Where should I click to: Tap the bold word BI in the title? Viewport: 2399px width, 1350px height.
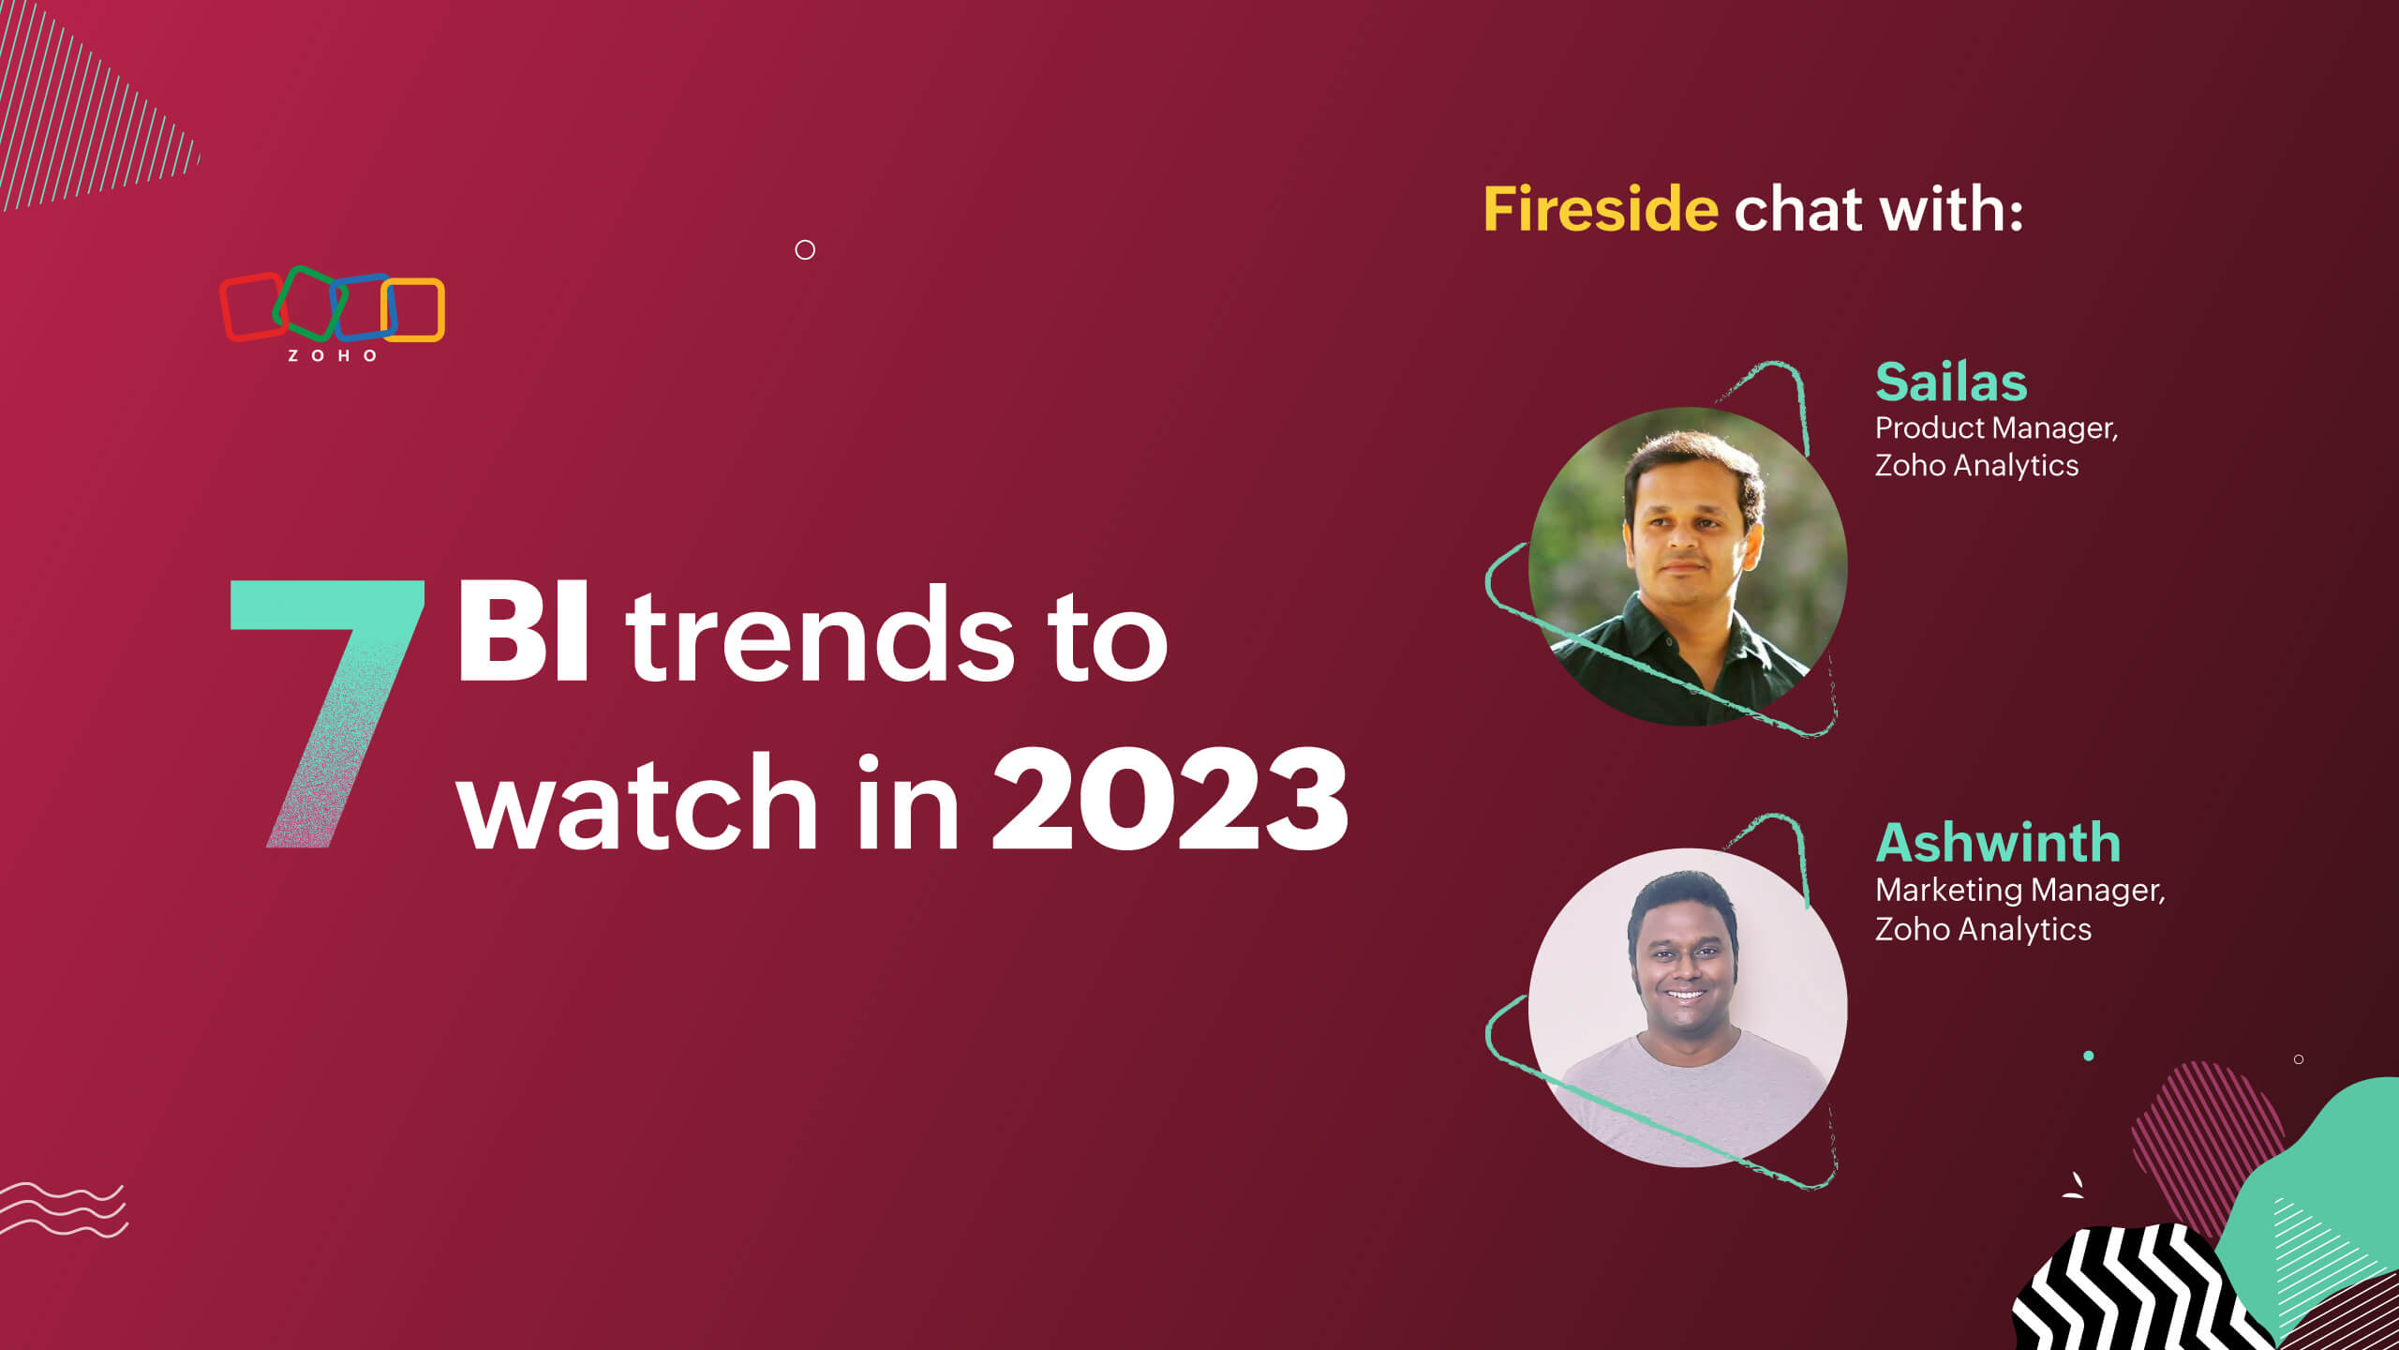(523, 636)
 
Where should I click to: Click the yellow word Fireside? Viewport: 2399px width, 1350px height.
(1600, 209)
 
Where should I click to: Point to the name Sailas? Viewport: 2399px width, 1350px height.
(1951, 382)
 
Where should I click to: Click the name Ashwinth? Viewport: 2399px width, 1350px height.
(1998, 843)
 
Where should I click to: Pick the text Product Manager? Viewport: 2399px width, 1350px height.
(1996, 428)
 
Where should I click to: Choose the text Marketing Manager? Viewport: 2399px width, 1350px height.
(2019, 890)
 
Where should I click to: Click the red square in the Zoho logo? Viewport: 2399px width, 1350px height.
(251, 307)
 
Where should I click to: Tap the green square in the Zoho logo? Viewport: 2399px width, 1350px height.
(309, 302)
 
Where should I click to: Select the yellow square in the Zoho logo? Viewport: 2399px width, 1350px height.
(414, 309)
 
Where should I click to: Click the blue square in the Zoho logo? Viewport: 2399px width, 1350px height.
(364, 307)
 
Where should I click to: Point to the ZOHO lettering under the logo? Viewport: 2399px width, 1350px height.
(332, 356)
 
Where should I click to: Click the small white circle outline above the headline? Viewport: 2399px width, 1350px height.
(805, 249)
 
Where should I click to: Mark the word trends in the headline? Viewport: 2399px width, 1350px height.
(820, 637)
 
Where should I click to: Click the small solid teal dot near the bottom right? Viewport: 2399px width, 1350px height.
(2088, 1056)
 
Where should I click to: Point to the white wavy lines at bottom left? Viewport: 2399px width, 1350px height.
(64, 1209)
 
